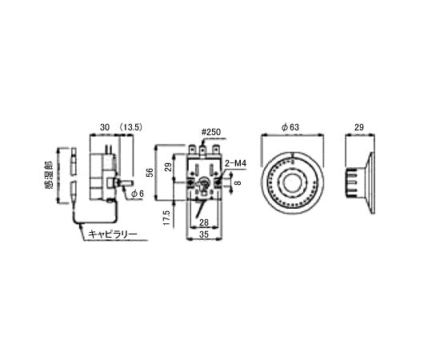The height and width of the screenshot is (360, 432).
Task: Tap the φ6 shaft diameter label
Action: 137,194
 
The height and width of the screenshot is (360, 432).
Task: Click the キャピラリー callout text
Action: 113,234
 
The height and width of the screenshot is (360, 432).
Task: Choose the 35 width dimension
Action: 204,234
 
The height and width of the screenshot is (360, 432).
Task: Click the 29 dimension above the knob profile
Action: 358,128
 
